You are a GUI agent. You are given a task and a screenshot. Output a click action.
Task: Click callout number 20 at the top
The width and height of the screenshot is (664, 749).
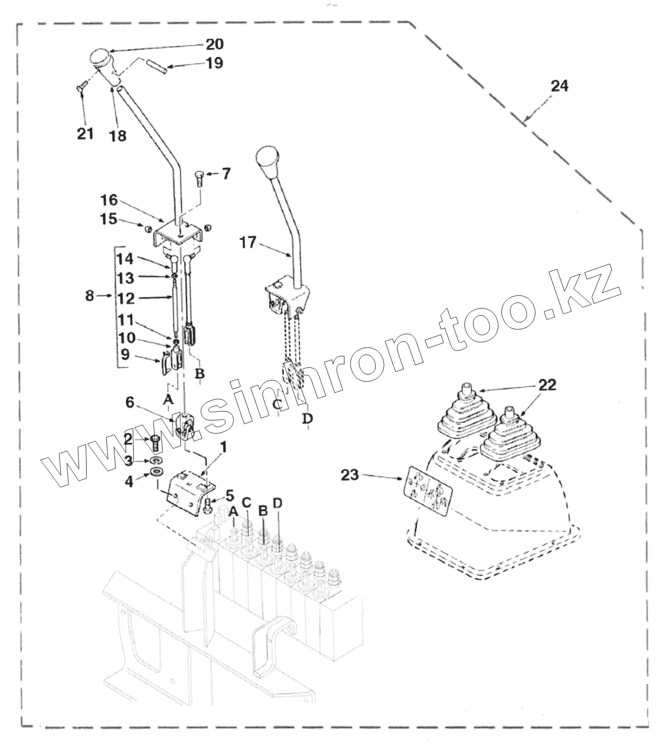pyautogui.click(x=214, y=45)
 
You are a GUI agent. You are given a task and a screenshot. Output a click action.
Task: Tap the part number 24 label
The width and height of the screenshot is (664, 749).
pyautogui.click(x=559, y=86)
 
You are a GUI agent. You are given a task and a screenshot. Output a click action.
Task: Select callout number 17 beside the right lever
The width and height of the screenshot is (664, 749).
pyautogui.click(x=247, y=244)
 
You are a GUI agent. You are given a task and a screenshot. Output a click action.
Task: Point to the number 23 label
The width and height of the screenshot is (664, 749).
pyautogui.click(x=349, y=475)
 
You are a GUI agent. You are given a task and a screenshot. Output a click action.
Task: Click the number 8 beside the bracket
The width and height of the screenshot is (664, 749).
pyautogui.click(x=90, y=296)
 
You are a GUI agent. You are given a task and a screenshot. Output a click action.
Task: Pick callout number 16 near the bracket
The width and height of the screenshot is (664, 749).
pyautogui.click(x=108, y=200)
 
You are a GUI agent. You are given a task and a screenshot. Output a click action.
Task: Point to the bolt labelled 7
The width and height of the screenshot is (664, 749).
pyautogui.click(x=199, y=178)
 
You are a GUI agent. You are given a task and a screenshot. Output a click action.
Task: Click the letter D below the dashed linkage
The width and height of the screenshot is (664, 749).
pyautogui.click(x=307, y=419)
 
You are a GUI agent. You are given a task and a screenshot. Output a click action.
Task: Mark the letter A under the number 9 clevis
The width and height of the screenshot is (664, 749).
pyautogui.click(x=169, y=400)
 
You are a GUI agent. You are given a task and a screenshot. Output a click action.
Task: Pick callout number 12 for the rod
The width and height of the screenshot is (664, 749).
pyautogui.click(x=126, y=298)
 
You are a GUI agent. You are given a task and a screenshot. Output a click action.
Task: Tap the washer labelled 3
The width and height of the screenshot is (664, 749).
pyautogui.click(x=155, y=460)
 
